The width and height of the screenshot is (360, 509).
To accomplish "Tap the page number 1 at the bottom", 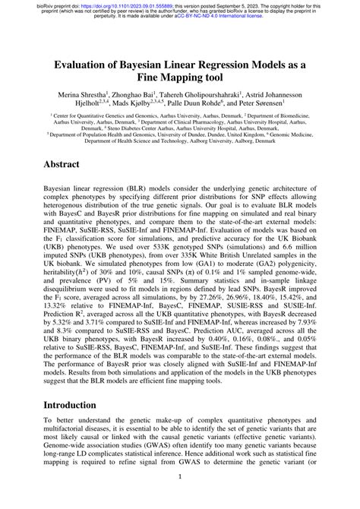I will [180, 477].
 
